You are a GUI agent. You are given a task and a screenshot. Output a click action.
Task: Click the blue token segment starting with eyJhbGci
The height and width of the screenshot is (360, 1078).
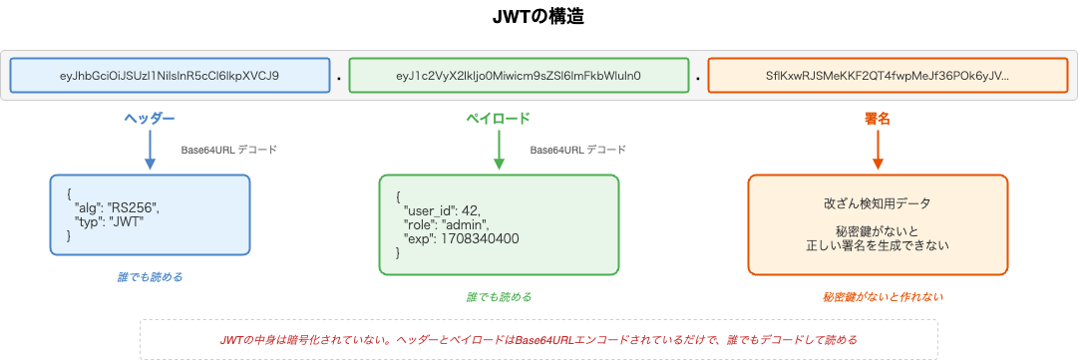coord(170,76)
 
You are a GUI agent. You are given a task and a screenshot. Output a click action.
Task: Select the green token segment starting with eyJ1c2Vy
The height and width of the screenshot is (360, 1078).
coord(519,76)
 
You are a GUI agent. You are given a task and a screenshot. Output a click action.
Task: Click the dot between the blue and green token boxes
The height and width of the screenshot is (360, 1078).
coord(339,77)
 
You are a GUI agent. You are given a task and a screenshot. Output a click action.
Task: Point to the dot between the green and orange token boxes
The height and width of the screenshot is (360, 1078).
coord(697,77)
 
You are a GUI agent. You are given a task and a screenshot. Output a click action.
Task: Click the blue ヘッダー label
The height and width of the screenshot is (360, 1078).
coord(150,119)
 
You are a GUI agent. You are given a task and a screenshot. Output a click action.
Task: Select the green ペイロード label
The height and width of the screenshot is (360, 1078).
coord(499,119)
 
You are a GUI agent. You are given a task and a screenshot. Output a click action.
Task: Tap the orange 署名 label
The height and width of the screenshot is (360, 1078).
coord(878,119)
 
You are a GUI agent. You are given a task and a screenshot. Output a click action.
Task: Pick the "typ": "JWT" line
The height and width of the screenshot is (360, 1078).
coord(110,221)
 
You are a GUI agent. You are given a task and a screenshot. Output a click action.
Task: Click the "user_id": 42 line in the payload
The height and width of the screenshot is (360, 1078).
coord(443,211)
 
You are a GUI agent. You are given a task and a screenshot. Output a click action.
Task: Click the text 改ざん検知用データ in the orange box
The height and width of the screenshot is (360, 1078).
coord(878,204)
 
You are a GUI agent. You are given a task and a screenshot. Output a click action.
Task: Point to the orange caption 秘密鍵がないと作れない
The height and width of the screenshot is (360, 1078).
coord(878,296)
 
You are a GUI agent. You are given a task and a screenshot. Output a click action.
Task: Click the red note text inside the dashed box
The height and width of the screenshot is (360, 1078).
coord(539,340)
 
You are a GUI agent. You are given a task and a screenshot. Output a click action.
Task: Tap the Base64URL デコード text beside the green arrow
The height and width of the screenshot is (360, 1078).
coord(578,150)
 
